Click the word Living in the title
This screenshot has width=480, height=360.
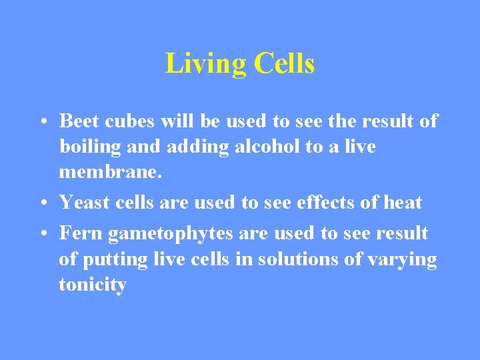(206, 65)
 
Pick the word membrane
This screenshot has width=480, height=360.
(110, 172)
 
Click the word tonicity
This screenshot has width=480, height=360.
(93, 285)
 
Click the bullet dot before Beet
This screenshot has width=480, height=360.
(42, 122)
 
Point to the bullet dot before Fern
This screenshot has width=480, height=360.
(42, 234)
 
